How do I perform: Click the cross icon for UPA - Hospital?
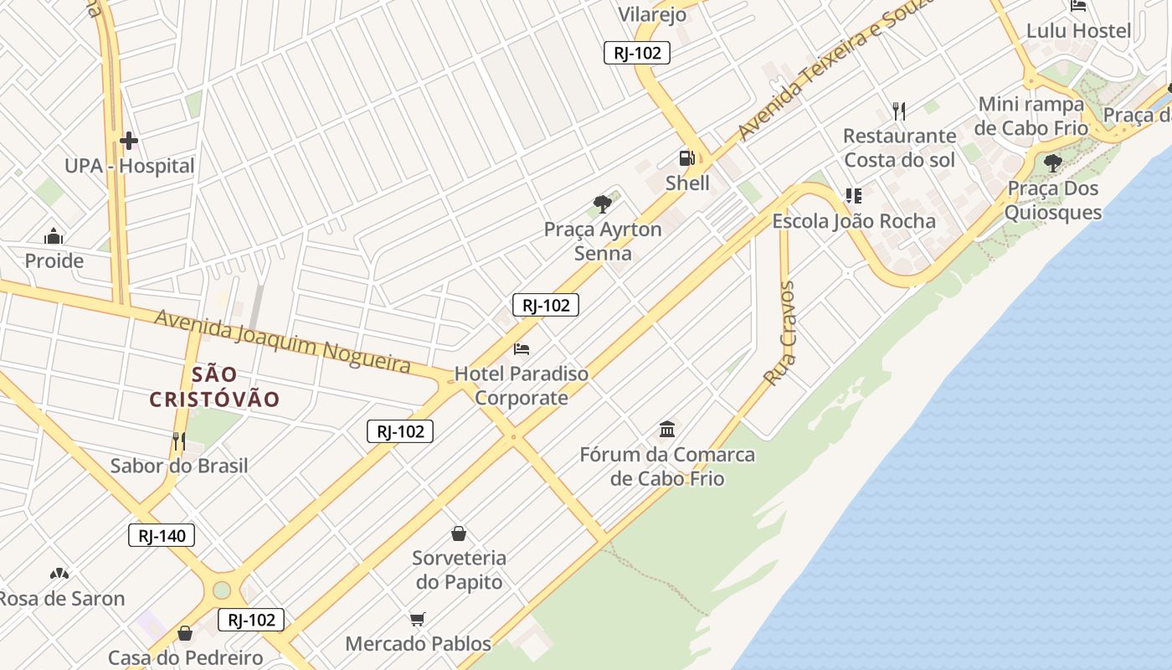tap(128, 141)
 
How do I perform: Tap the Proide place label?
tap(54, 260)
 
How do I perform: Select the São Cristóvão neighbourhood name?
tap(214, 386)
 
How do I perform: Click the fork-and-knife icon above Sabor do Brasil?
tap(178, 441)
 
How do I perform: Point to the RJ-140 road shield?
tap(162, 535)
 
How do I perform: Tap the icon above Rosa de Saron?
tap(59, 574)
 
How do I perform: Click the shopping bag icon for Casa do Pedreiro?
tap(185, 633)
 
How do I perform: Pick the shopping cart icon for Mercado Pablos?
tap(418, 619)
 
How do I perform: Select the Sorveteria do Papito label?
tap(459, 569)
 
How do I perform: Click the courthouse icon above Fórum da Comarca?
tap(667, 430)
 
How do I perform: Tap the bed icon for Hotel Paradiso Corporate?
tap(522, 348)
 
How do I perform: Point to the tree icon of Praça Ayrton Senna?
tap(602, 204)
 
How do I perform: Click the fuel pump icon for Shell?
tap(686, 157)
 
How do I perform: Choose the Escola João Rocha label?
tap(854, 221)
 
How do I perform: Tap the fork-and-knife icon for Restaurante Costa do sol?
tap(899, 111)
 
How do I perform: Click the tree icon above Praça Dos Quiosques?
tap(1052, 163)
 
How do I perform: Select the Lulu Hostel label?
tap(1078, 31)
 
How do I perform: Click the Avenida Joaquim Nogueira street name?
tap(283, 341)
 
